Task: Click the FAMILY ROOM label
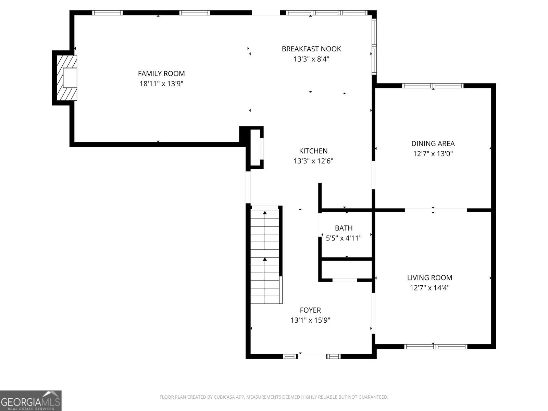(x=161, y=74)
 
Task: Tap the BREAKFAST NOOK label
(x=311, y=49)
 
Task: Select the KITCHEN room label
(x=313, y=151)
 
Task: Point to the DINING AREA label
(x=433, y=144)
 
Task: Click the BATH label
(x=344, y=228)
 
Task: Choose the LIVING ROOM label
(x=429, y=278)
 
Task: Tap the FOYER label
(x=310, y=310)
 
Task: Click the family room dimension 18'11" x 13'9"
(x=161, y=84)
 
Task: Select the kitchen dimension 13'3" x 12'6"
(x=313, y=161)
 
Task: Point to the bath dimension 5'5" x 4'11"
(x=344, y=238)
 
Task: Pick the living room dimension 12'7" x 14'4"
(x=429, y=288)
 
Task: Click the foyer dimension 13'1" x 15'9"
(x=310, y=320)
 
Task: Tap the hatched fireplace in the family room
(x=67, y=78)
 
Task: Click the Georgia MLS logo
(x=31, y=400)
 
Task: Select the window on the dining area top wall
(x=433, y=86)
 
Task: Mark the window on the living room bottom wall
(x=436, y=346)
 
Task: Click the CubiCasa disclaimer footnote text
(x=274, y=397)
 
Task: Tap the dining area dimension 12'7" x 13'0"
(x=433, y=153)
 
